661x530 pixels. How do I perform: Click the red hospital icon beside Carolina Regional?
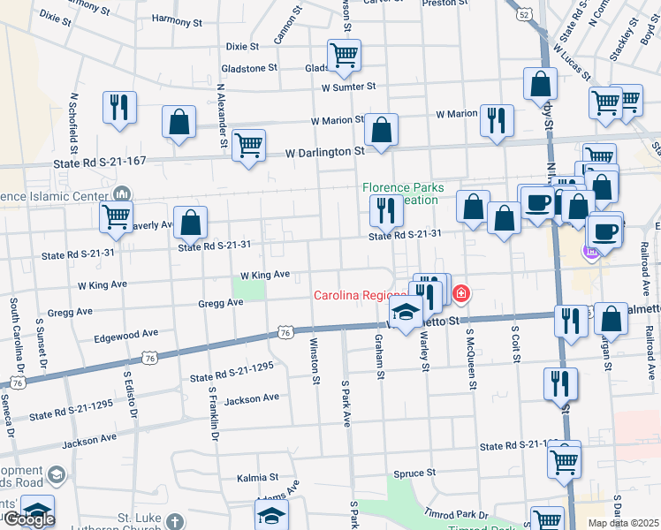point(460,293)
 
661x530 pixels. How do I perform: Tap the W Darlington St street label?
point(325,152)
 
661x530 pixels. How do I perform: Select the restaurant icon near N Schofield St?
point(118,107)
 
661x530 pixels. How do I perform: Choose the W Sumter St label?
point(349,87)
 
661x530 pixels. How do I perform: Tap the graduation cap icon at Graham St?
point(406,313)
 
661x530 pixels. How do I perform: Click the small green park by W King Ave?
point(250,288)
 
